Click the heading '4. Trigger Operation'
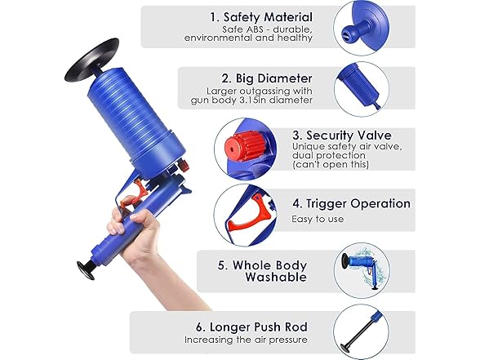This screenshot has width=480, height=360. coord(350,203)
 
